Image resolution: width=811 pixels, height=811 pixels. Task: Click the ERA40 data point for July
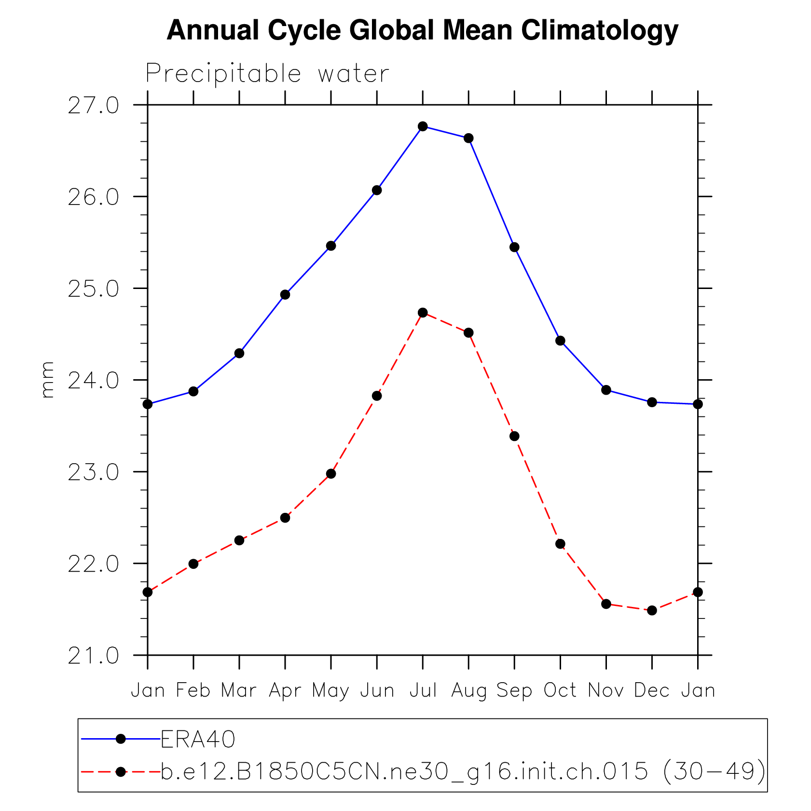423,126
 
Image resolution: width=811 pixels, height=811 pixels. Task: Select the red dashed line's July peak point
423,313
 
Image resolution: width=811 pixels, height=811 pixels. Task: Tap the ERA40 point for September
514,247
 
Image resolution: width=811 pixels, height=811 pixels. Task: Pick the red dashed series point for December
652,610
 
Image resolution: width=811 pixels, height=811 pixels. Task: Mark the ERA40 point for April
285,295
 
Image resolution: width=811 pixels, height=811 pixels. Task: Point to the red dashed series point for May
331,474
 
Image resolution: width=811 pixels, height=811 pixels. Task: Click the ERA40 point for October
560,341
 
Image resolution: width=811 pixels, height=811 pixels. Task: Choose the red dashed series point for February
193,564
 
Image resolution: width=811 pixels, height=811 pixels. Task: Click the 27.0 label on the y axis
93,106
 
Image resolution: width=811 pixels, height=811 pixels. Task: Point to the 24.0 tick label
93,381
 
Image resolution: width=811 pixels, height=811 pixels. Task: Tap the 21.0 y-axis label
93,656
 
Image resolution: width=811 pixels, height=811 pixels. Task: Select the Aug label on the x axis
468,691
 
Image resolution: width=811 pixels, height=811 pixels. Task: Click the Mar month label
239,691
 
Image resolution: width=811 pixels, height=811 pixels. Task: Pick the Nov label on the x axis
606,691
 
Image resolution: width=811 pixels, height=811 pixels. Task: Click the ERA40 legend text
198,740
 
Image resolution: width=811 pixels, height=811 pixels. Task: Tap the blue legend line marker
121,739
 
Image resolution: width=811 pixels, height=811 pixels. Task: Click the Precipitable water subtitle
267,74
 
